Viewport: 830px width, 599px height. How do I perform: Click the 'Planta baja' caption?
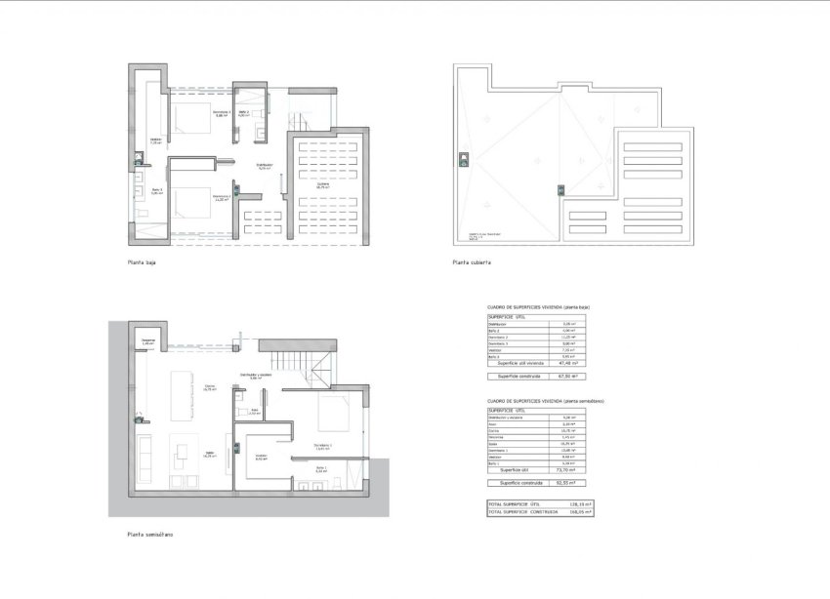pos(142,262)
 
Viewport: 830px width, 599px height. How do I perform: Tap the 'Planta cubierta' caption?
pos(472,262)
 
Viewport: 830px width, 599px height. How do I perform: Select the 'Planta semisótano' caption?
pos(151,534)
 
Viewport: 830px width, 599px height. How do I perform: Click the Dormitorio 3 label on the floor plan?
pos(222,114)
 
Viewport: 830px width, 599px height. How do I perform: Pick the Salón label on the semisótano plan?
pos(209,454)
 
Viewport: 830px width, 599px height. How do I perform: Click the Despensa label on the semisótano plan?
pos(148,341)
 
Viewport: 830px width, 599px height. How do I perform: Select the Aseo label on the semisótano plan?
pos(254,412)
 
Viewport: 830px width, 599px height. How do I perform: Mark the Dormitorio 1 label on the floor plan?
pos(322,446)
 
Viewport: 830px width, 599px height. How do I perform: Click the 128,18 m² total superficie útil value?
pos(581,503)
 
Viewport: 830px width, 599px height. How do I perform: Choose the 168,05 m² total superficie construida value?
pos(581,511)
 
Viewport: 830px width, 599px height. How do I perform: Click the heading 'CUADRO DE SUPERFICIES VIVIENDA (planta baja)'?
pos(538,307)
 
